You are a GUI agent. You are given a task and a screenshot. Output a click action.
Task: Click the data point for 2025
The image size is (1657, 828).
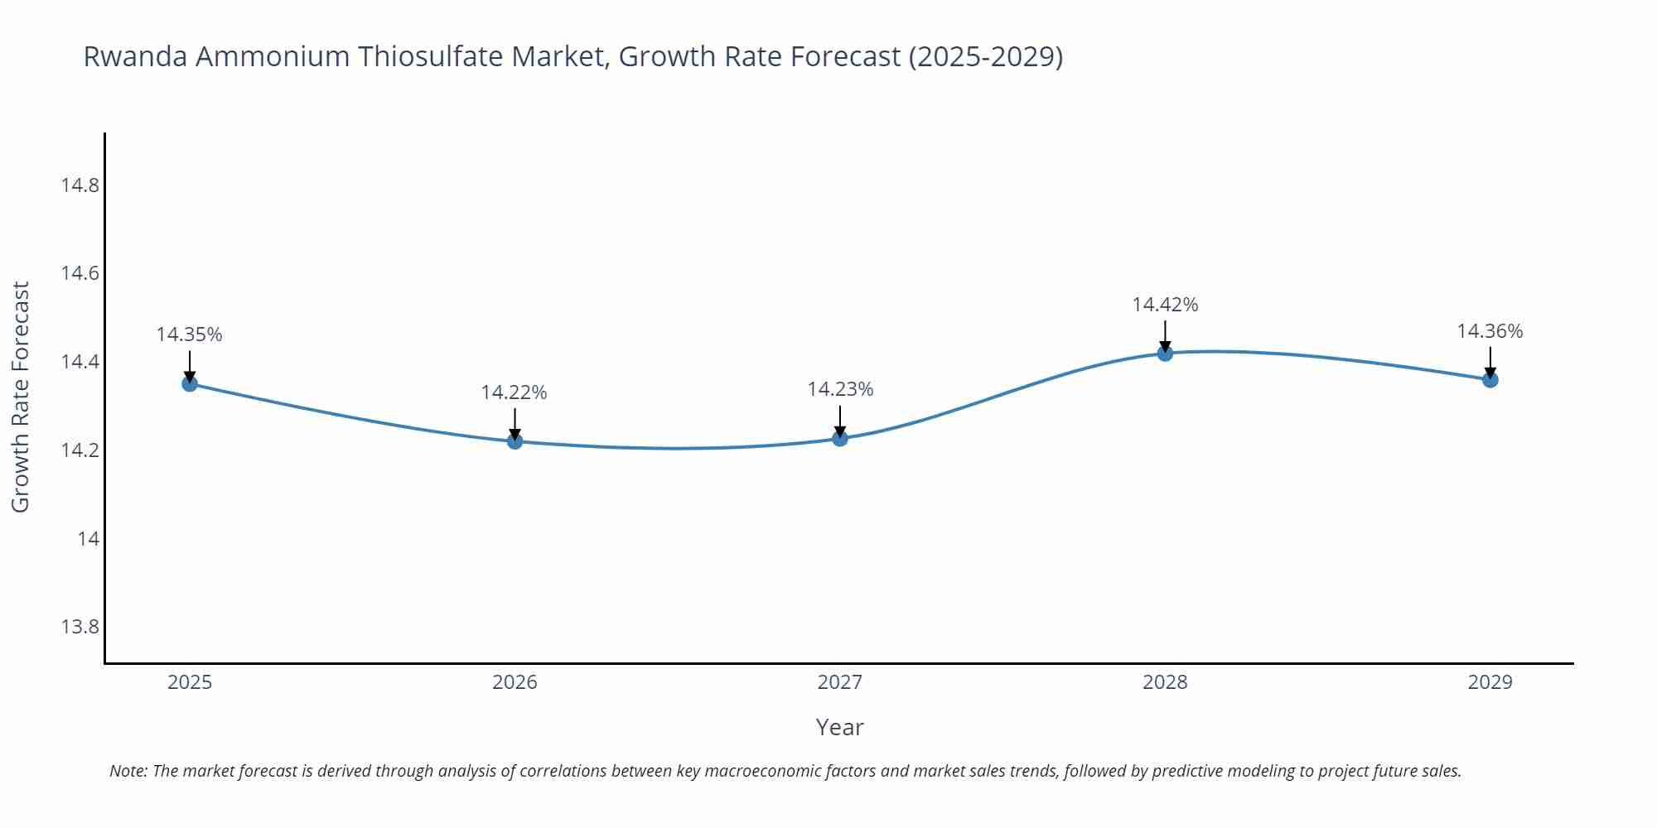pos(190,383)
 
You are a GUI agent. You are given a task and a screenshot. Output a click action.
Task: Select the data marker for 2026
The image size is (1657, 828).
pos(514,440)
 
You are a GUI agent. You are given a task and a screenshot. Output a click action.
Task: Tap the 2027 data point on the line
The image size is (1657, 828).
pos(840,437)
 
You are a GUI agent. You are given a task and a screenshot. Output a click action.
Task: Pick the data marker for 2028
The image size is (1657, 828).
pos(1165,353)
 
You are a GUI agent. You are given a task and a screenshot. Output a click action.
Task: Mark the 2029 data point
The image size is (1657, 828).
pos(1490,379)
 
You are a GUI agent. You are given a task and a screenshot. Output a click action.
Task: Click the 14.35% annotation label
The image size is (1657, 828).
pos(190,335)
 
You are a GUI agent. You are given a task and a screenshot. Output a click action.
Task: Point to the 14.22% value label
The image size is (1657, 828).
pos(514,392)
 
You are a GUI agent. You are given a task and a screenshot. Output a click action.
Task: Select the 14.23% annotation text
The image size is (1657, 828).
pos(840,389)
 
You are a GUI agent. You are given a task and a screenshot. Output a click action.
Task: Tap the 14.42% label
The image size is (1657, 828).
pos(1165,305)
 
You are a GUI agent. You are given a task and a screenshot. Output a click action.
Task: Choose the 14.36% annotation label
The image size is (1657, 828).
pos(1490,331)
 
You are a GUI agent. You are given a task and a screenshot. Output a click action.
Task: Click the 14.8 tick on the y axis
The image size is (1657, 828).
pos(80,185)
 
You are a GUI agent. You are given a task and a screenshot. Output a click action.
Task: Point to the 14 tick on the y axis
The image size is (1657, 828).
pos(88,539)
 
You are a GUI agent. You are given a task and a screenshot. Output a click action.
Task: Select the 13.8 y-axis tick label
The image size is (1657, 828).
pos(80,627)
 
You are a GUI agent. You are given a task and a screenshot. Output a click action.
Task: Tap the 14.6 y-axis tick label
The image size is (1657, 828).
pos(80,273)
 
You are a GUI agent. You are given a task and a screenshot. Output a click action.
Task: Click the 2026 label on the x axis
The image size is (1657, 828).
pos(514,682)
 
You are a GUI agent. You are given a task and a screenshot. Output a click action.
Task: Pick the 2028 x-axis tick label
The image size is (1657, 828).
pos(1165,682)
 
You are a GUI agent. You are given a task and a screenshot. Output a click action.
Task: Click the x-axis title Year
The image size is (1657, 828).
pos(839,727)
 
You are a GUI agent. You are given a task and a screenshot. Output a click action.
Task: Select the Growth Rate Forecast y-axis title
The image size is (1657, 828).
pos(21,397)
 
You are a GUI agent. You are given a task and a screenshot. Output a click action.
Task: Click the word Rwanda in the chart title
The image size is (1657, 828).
pos(135,56)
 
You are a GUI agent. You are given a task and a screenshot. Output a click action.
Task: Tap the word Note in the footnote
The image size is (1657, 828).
pos(128,771)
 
